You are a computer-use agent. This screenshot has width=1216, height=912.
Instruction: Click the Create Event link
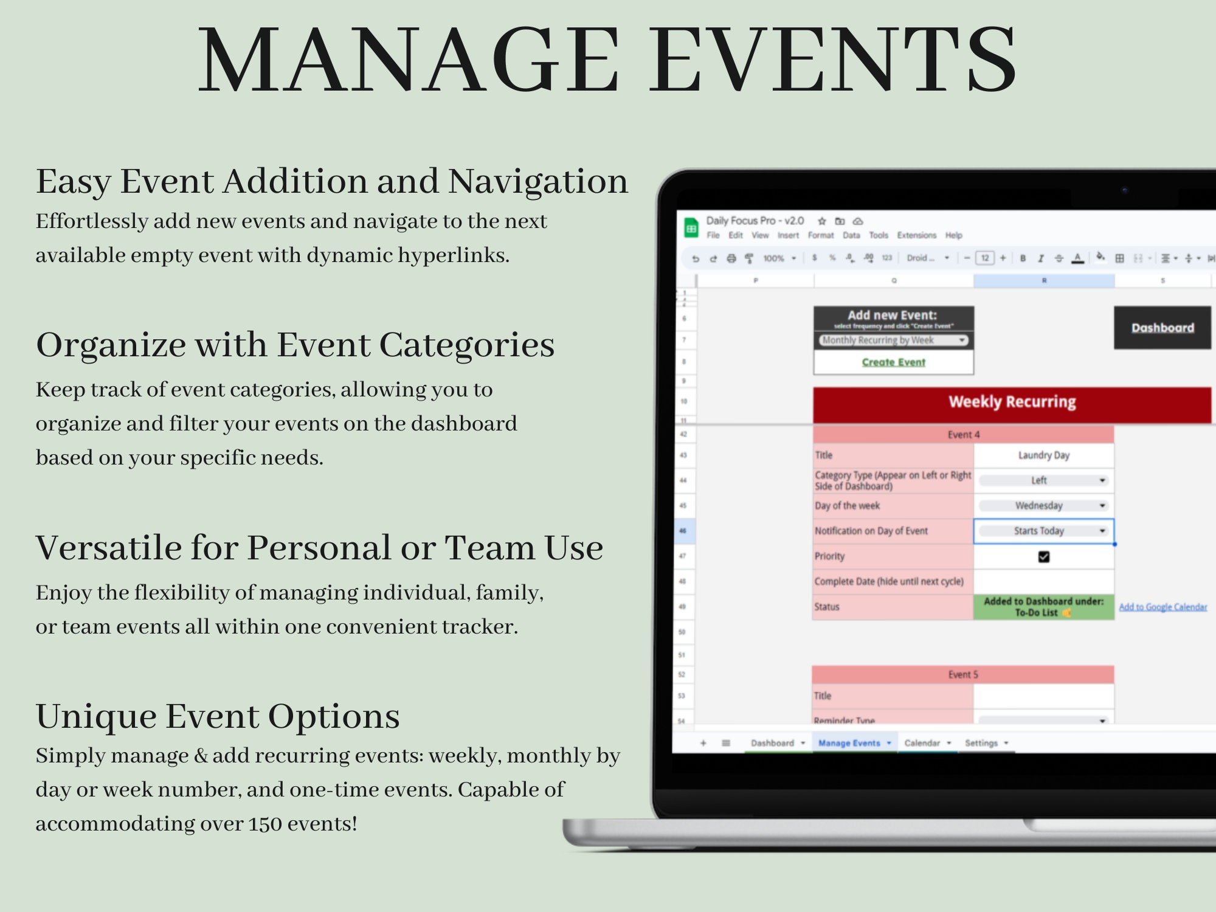click(893, 362)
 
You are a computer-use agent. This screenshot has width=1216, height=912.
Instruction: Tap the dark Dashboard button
click(1162, 328)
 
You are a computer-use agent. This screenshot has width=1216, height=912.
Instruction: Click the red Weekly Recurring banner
click(1012, 402)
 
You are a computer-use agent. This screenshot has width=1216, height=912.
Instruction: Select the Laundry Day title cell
click(1043, 455)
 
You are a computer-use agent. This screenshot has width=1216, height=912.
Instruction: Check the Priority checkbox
click(1043, 556)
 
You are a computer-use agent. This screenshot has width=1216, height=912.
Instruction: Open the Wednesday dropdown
click(1043, 506)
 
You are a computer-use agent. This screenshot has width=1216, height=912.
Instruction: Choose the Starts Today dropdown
click(1043, 531)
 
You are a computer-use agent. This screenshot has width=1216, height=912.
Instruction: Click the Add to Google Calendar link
click(1162, 607)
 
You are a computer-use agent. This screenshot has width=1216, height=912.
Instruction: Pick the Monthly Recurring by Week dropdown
click(893, 340)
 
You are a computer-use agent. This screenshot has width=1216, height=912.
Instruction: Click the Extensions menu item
click(916, 235)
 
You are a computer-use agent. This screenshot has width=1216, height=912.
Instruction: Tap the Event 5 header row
click(962, 675)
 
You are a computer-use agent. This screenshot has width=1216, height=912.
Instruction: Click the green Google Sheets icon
click(691, 229)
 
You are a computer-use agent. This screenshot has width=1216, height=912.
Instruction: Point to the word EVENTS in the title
click(833, 61)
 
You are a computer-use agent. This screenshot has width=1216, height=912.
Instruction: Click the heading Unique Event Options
click(218, 716)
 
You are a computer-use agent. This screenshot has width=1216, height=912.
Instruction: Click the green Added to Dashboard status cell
click(1043, 607)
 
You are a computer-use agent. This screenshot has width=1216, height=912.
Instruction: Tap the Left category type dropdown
click(1043, 480)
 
